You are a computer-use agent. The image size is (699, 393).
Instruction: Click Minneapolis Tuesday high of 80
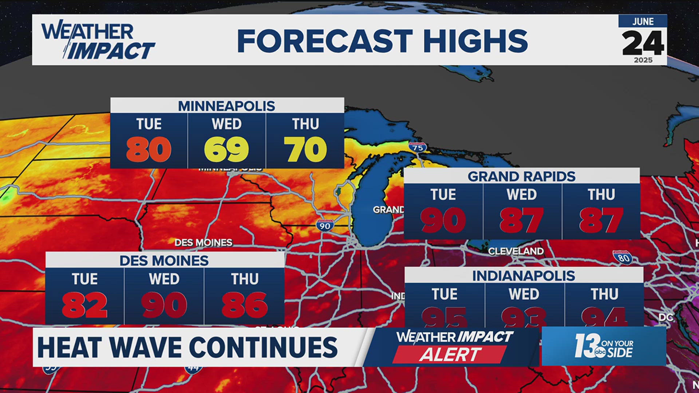(149, 150)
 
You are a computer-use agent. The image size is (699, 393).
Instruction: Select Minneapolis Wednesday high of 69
(226, 150)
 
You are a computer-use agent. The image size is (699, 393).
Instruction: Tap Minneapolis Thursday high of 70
(305, 150)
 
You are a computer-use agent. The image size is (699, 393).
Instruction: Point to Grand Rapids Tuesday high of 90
(443, 220)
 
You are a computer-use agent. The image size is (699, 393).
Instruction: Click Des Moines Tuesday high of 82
(84, 305)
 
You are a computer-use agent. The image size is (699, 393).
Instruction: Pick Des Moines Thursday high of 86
(244, 305)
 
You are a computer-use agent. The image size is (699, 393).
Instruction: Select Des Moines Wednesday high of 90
(164, 305)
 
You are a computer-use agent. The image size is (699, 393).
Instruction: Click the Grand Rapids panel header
(521, 176)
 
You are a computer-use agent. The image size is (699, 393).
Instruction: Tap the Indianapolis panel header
(524, 276)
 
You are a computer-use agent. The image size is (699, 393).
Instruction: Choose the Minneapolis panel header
(226, 106)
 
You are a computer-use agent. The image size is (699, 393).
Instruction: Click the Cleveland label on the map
(516, 251)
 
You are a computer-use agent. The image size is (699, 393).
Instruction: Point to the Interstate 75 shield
(418, 147)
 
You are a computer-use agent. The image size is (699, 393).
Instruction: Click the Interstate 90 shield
(325, 225)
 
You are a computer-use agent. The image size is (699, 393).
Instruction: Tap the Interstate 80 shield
(623, 257)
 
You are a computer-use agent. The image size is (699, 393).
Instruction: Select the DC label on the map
(666, 317)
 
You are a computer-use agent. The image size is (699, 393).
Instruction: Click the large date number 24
(643, 43)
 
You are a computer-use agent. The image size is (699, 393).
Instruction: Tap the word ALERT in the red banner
(450, 354)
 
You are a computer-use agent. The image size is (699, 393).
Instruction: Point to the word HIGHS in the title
(475, 41)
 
